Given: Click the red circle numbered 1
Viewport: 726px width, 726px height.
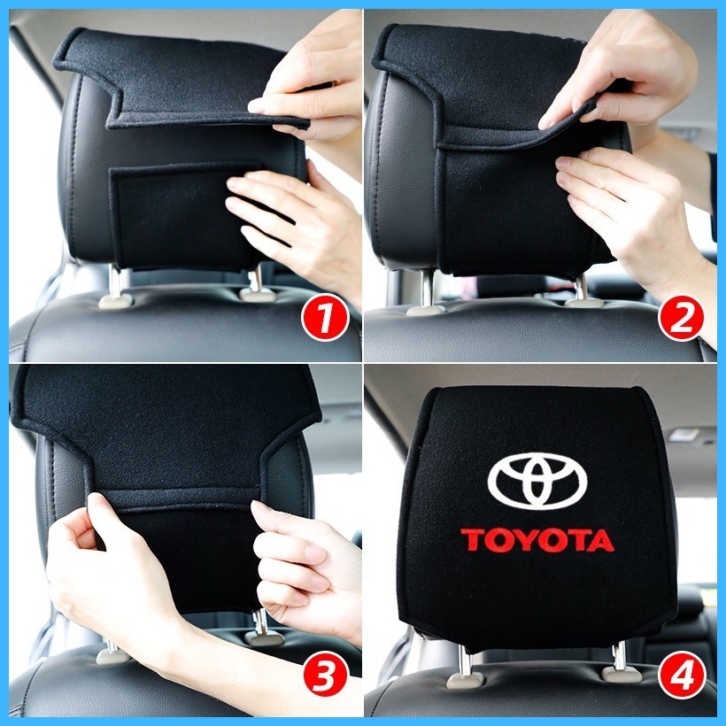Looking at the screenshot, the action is tap(325, 318).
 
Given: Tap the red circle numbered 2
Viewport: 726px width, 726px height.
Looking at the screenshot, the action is tap(681, 318).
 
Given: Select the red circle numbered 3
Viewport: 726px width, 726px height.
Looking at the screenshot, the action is tap(325, 674).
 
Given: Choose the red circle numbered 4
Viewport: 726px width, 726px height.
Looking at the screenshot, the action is tap(682, 674).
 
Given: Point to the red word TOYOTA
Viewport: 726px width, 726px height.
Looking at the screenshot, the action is tap(537, 540).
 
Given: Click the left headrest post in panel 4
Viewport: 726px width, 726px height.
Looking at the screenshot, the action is tap(465, 660).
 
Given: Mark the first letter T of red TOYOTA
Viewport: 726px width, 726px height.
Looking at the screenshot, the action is tap(472, 540).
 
